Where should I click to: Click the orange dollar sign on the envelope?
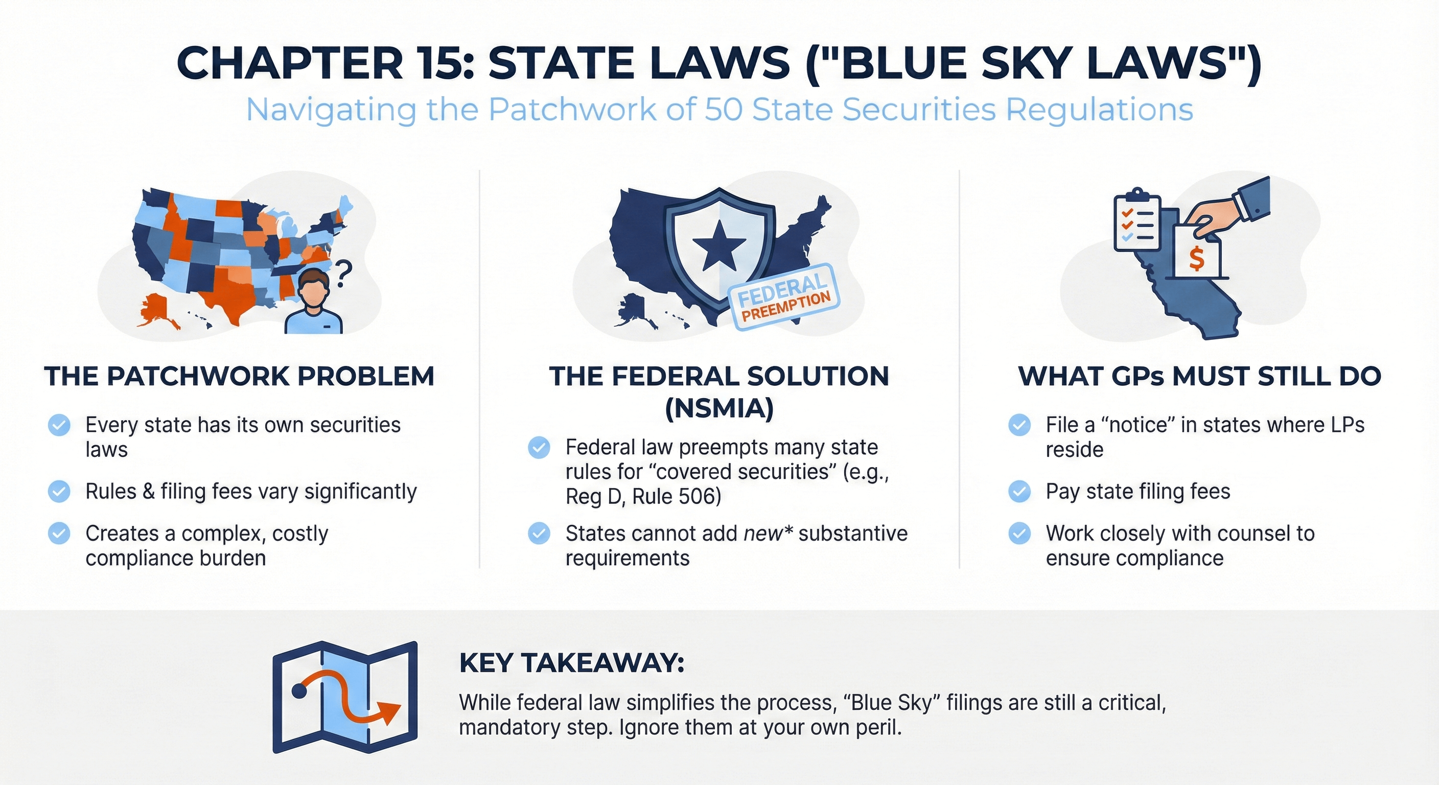1196,258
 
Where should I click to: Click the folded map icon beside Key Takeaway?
344,696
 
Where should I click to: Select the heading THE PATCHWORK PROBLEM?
239,376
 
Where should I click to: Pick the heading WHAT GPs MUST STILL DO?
1199,376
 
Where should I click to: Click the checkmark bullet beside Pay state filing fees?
1019,492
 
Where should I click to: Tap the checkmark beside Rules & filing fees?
59,492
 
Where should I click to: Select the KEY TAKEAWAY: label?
571,663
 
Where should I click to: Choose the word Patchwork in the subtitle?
572,109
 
